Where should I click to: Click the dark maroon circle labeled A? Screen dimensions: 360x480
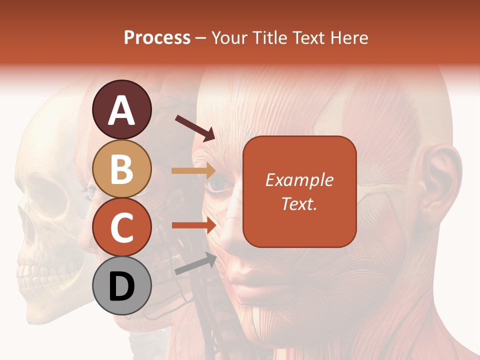[x=121, y=109]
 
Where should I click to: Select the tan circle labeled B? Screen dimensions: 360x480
[x=121, y=169]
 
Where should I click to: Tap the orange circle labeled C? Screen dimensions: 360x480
[x=121, y=227]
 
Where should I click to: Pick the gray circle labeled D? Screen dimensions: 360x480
[x=121, y=286]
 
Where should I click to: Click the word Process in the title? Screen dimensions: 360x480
[x=157, y=37]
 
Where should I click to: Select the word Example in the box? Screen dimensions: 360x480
[x=299, y=180]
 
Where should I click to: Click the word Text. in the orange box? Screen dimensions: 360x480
[x=299, y=203]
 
